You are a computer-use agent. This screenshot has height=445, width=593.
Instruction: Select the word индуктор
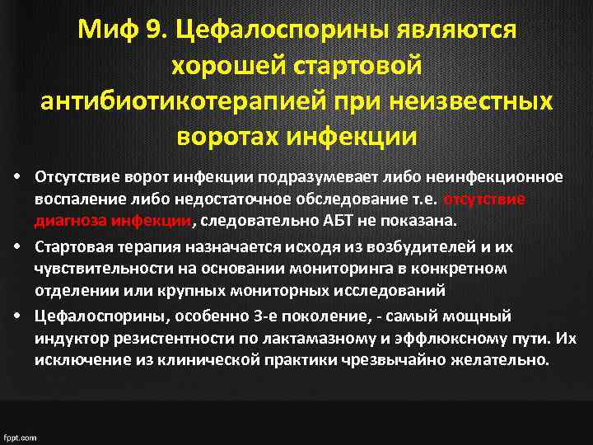[71, 338]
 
